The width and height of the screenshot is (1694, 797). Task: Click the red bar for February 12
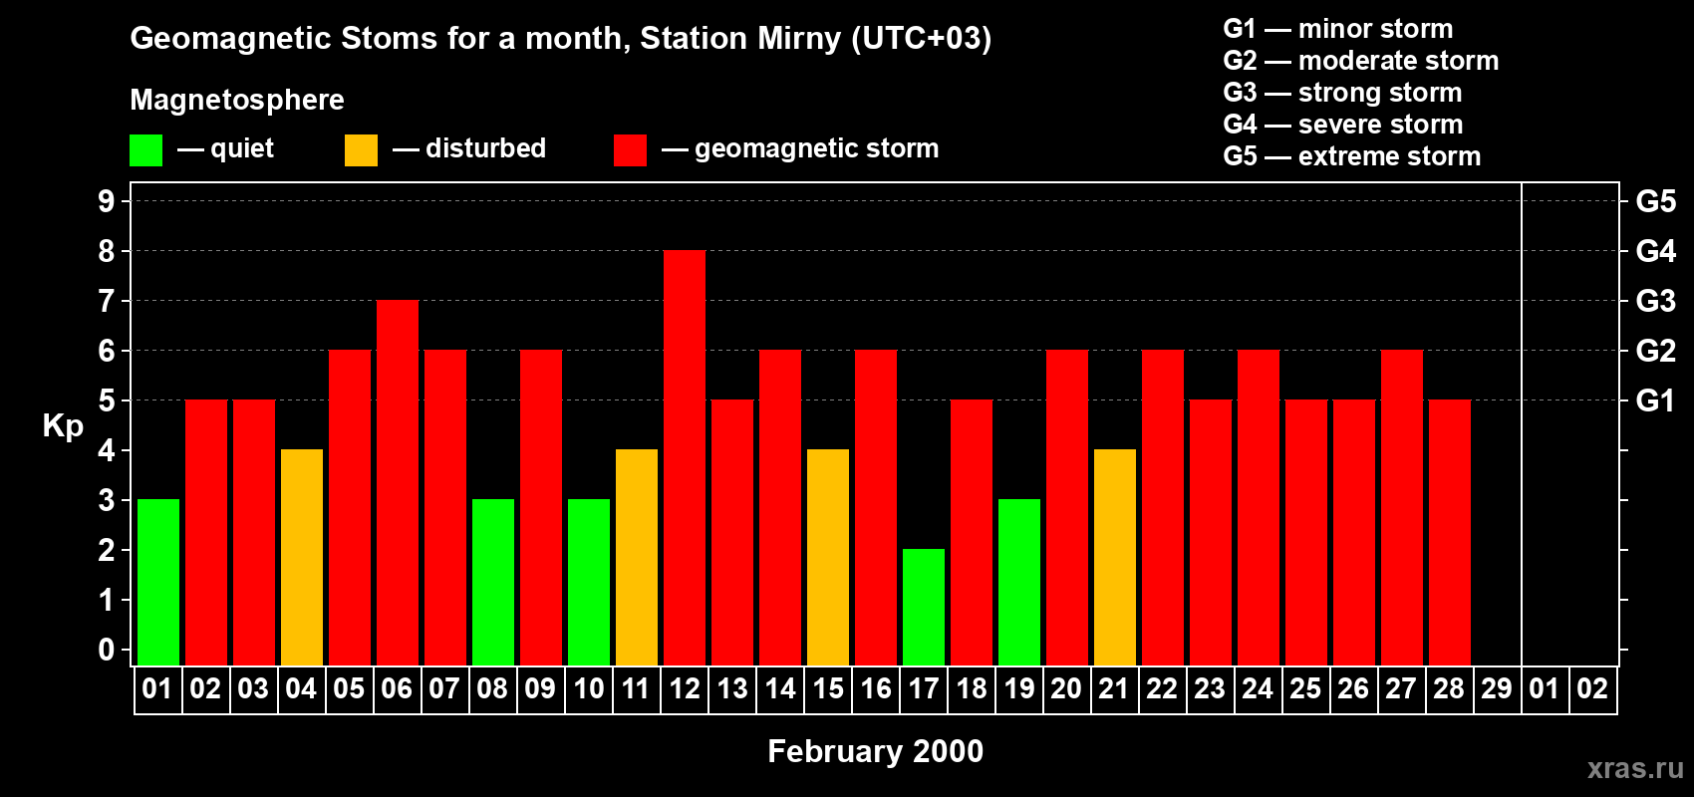point(685,458)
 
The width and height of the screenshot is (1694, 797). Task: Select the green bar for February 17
point(924,607)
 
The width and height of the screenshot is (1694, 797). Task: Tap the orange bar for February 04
point(302,557)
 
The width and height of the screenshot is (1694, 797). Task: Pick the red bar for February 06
point(398,482)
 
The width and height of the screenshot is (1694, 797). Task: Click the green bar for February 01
point(158,582)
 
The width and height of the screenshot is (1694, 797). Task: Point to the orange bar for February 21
point(1115,557)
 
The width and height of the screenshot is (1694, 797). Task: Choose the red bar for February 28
point(1450,532)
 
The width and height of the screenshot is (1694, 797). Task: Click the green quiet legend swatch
point(145,150)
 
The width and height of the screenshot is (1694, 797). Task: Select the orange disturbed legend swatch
point(361,150)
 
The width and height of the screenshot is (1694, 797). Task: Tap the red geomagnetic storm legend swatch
point(630,150)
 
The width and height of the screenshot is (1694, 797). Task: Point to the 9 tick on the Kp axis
point(107,201)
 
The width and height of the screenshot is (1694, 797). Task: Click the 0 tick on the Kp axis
point(107,650)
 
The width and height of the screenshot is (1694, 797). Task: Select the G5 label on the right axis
point(1655,201)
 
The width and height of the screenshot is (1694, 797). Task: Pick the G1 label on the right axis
point(1655,400)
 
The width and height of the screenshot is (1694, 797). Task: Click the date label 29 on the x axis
point(1497,688)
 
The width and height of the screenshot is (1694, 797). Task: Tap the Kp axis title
point(63,426)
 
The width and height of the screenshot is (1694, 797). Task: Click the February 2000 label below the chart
point(875,751)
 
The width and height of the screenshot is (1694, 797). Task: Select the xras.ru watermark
point(1635,768)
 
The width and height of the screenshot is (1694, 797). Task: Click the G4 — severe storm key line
point(1342,125)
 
